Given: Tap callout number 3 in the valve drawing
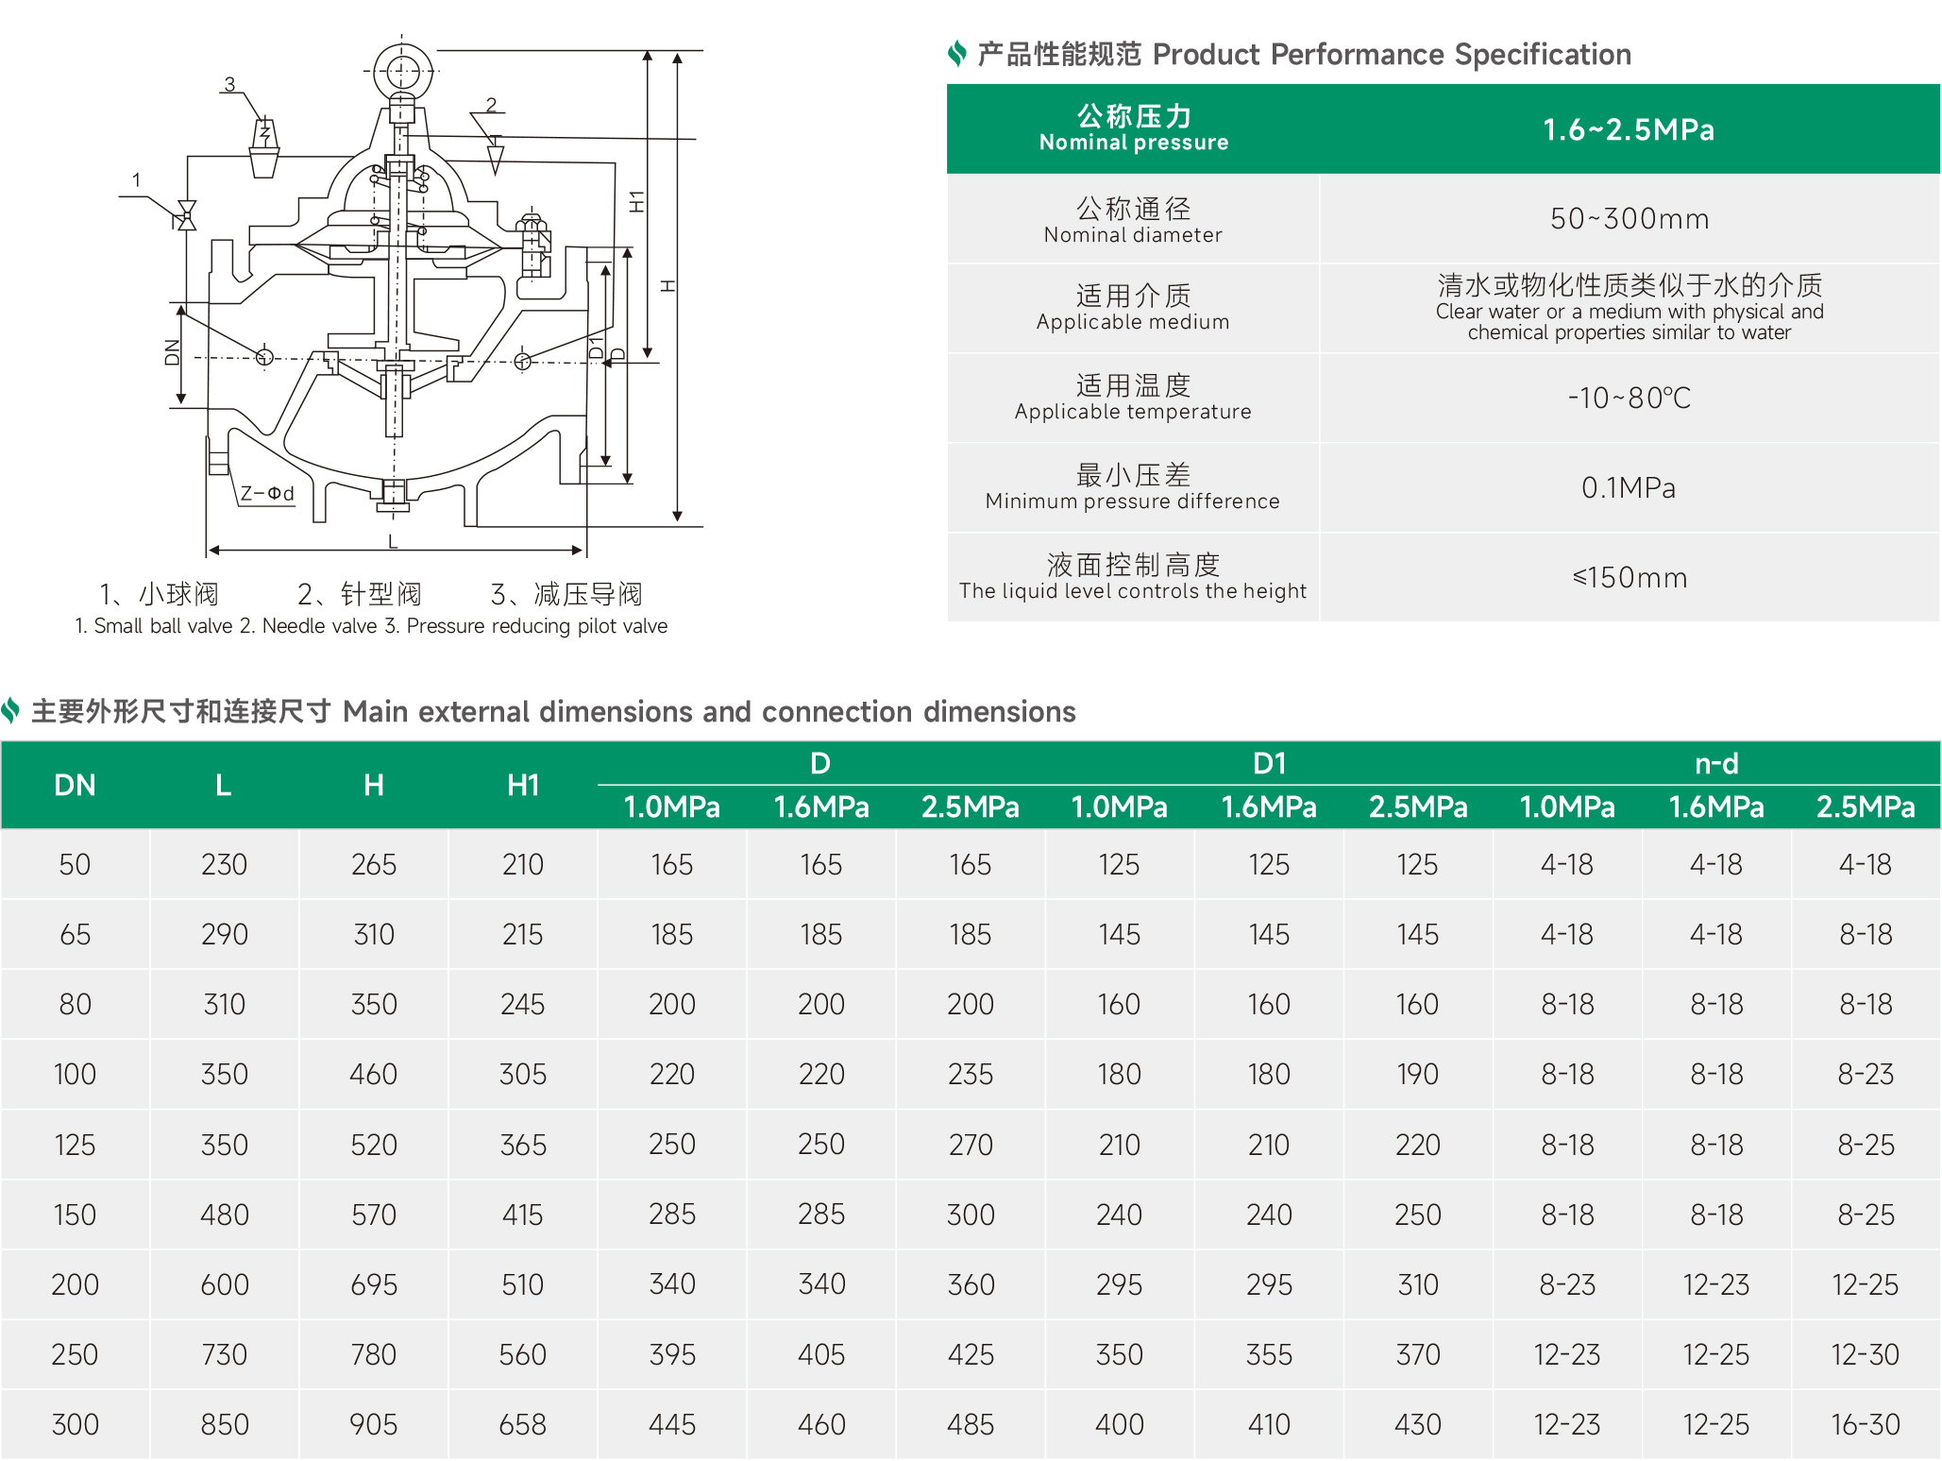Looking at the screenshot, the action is click(x=229, y=84).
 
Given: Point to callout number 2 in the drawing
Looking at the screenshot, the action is click(x=491, y=104).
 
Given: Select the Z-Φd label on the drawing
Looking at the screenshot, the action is click(x=267, y=493).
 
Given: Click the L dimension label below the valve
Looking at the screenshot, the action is click(x=393, y=541).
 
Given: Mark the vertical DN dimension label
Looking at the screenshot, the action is click(x=172, y=352).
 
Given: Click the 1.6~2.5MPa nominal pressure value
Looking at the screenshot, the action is click(x=1629, y=129).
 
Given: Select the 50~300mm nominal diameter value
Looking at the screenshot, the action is click(x=1630, y=219).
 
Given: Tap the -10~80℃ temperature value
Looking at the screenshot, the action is click(x=1630, y=398).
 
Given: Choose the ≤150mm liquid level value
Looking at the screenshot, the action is click(x=1630, y=577).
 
